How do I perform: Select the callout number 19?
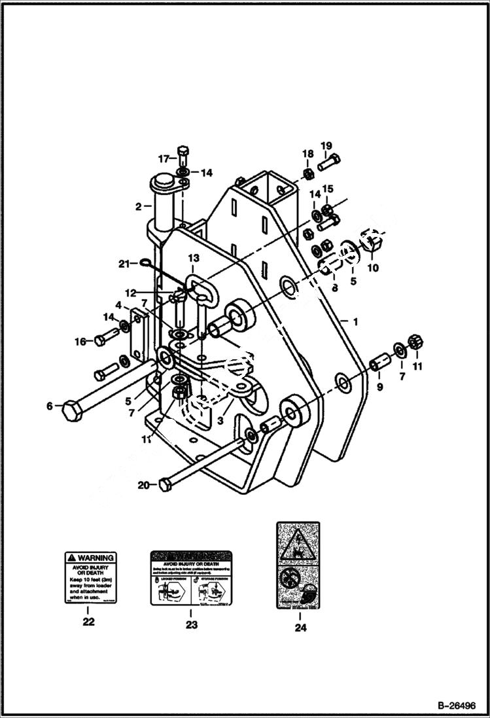pos(326,145)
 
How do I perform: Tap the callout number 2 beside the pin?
pos(139,207)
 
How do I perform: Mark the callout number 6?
pos(49,406)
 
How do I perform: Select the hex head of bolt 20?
pos(165,485)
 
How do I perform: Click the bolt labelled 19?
pos(330,160)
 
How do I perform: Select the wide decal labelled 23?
pos(191,577)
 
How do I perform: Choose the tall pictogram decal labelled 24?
pos(299,565)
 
